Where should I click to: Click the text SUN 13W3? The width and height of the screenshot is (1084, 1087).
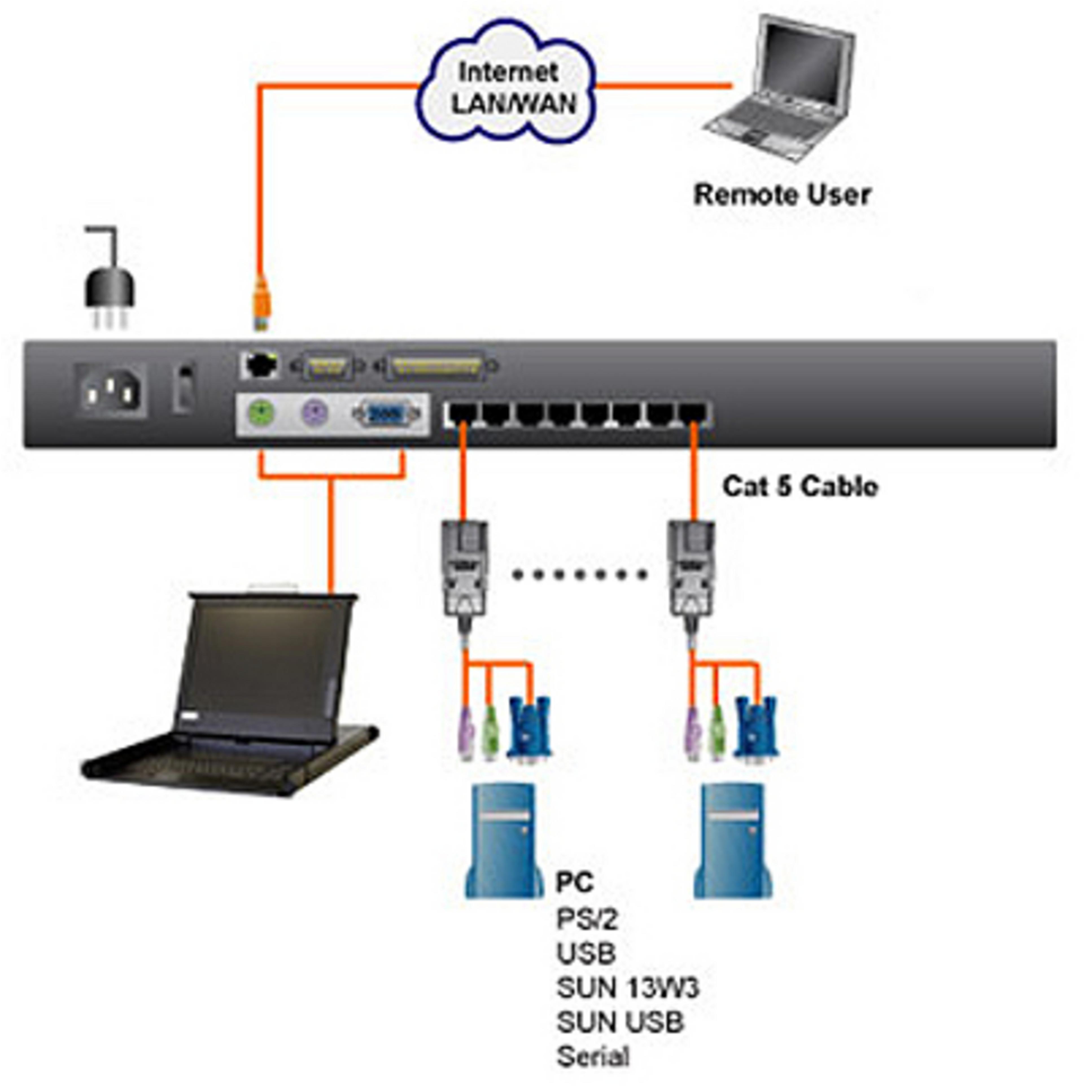[x=627, y=987]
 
